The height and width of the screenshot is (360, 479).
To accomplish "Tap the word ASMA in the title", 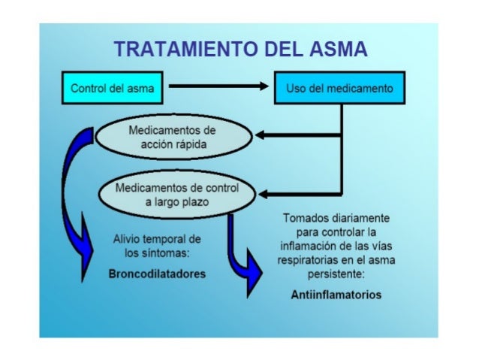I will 336,50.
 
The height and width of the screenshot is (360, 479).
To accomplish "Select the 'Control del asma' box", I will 113,89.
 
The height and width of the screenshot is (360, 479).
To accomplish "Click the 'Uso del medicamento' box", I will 339,89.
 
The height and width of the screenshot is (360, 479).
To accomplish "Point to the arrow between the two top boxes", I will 217,88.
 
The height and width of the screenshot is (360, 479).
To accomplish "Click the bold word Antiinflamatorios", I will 336,294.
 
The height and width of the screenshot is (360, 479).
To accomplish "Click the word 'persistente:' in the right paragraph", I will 336,274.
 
